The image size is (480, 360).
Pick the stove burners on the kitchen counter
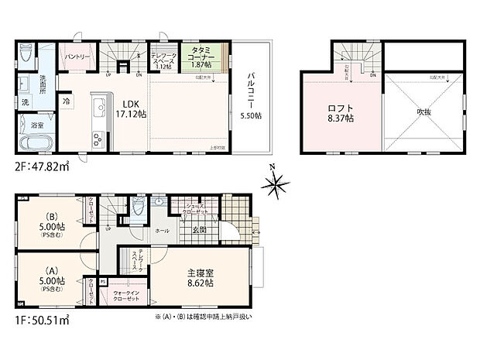click(98, 139)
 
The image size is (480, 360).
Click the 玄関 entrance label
click(198, 229)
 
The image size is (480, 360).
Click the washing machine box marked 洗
click(25, 103)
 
